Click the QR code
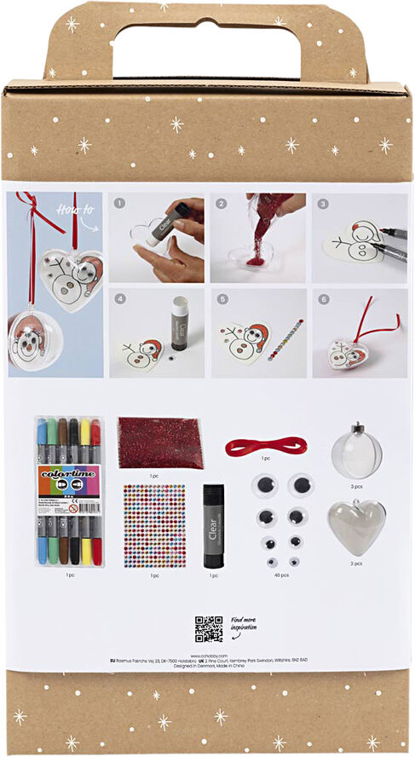click(208, 628)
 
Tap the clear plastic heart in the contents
click(356, 526)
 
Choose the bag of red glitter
click(161, 442)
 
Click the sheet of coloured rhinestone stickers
click(154, 526)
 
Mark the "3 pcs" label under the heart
click(356, 563)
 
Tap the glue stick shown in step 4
click(180, 324)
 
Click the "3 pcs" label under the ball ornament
click(356, 485)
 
